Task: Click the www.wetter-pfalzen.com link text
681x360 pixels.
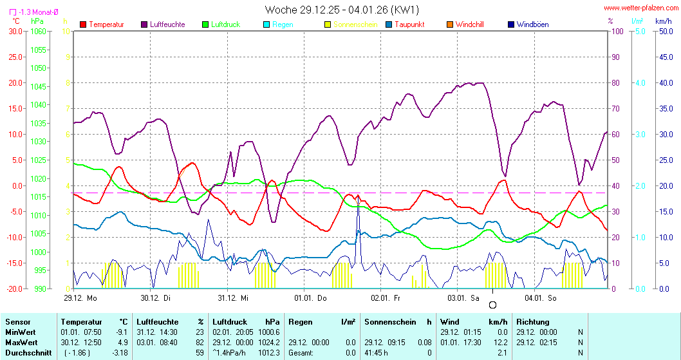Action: point(640,8)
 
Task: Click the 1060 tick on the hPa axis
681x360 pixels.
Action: point(39,31)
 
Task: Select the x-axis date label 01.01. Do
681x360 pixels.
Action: point(310,298)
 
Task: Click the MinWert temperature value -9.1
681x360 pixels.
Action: point(121,332)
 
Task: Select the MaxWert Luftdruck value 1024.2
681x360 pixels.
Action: point(269,342)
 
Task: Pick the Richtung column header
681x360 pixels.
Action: point(533,321)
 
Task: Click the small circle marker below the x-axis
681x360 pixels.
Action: point(493,305)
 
